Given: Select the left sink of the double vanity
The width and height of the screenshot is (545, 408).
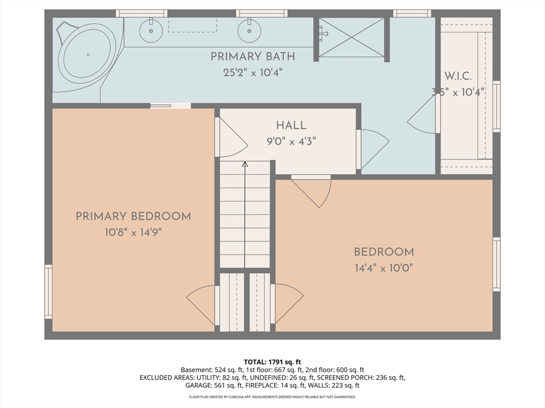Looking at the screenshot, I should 151,31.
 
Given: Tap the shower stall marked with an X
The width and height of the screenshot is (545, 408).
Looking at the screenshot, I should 351,37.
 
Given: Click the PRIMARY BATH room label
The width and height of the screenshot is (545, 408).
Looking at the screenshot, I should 252,56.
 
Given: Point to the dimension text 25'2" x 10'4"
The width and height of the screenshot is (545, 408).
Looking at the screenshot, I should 252,72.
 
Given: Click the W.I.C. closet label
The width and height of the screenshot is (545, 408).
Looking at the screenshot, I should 457,76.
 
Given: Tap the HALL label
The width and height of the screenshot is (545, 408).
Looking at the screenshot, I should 291,125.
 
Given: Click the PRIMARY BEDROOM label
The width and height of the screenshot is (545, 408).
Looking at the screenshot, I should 133,216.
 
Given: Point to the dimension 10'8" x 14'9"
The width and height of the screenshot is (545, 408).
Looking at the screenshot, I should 133,232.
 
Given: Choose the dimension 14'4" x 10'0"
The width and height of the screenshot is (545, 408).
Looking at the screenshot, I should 383,268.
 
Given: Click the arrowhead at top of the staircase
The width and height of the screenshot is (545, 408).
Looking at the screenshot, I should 245,165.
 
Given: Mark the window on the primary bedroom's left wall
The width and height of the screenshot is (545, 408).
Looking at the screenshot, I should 48,292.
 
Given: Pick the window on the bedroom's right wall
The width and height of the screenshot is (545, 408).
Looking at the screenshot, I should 496,264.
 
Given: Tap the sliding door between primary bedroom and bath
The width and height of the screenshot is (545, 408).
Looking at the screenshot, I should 170,106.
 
